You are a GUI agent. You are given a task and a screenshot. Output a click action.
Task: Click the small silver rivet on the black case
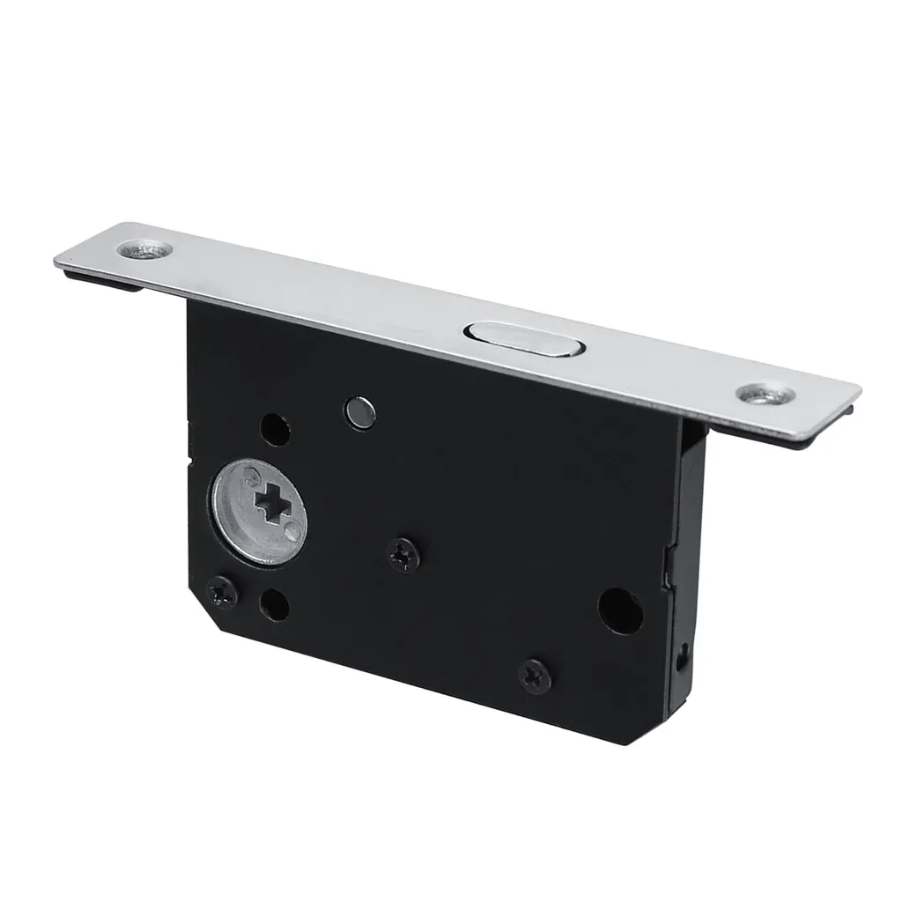359,412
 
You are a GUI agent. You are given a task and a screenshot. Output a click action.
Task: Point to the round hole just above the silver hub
275,429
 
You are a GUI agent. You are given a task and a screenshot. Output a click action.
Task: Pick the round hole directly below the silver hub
275,605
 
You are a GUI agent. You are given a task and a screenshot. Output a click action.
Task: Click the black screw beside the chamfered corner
222,592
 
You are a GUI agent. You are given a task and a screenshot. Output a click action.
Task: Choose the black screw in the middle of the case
403,554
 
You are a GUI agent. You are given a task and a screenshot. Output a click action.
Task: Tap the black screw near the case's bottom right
536,676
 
